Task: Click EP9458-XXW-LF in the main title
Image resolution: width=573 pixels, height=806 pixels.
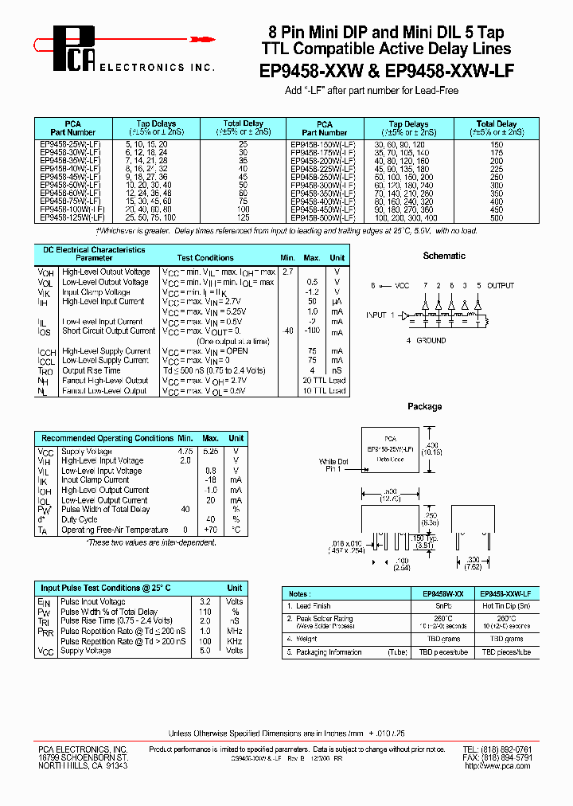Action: click(450, 71)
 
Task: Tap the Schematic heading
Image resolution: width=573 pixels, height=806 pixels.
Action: click(444, 256)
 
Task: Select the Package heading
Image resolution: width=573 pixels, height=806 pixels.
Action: click(424, 406)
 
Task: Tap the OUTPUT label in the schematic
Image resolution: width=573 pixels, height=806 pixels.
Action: click(501, 285)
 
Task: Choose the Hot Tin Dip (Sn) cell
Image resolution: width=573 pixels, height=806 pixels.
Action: click(508, 606)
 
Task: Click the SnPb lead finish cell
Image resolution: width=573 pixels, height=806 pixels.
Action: click(442, 606)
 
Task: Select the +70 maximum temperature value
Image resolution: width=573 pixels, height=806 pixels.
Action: click(210, 530)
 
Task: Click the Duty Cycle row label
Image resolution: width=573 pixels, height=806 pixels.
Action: click(80, 519)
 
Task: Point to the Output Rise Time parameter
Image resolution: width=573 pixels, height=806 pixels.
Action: click(92, 370)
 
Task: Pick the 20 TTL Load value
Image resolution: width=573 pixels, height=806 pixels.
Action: click(324, 381)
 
